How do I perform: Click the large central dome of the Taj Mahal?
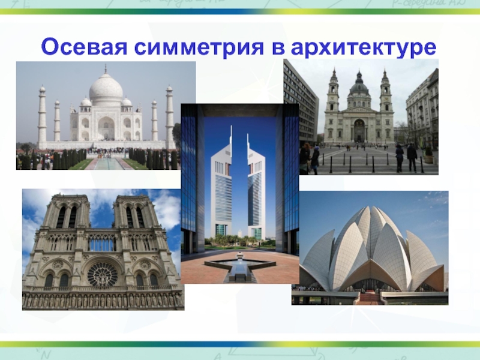coord(106,89)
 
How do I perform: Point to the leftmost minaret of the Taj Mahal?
coord(42,115)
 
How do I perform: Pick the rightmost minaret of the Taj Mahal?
coord(170,115)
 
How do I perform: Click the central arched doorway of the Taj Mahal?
coord(106,128)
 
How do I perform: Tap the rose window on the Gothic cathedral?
coord(103,275)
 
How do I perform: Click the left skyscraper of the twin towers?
coord(221,184)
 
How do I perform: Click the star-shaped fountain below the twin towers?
coord(240,264)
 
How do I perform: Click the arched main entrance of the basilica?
coord(359,131)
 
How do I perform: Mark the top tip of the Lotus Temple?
coord(371,206)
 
